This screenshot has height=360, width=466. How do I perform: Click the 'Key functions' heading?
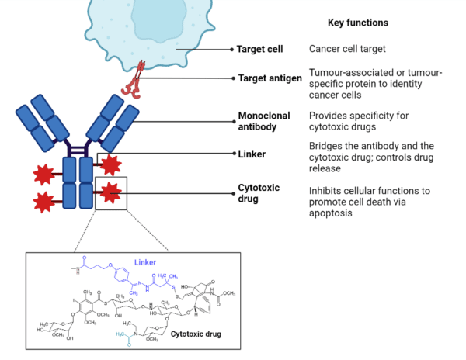[x=358, y=22]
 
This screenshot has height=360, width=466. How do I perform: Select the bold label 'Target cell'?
[x=260, y=50]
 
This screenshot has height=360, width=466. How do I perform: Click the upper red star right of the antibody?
[x=110, y=164]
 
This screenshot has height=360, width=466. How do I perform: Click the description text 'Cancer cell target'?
[x=348, y=50]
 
